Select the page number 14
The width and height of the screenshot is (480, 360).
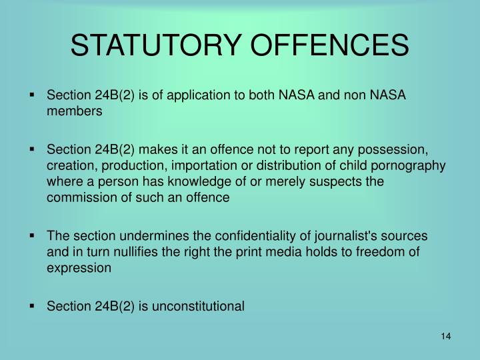click(x=447, y=336)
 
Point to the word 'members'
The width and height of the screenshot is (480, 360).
click(x=75, y=112)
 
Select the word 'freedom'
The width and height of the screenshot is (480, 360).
click(x=393, y=253)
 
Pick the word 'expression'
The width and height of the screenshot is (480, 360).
click(x=79, y=269)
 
